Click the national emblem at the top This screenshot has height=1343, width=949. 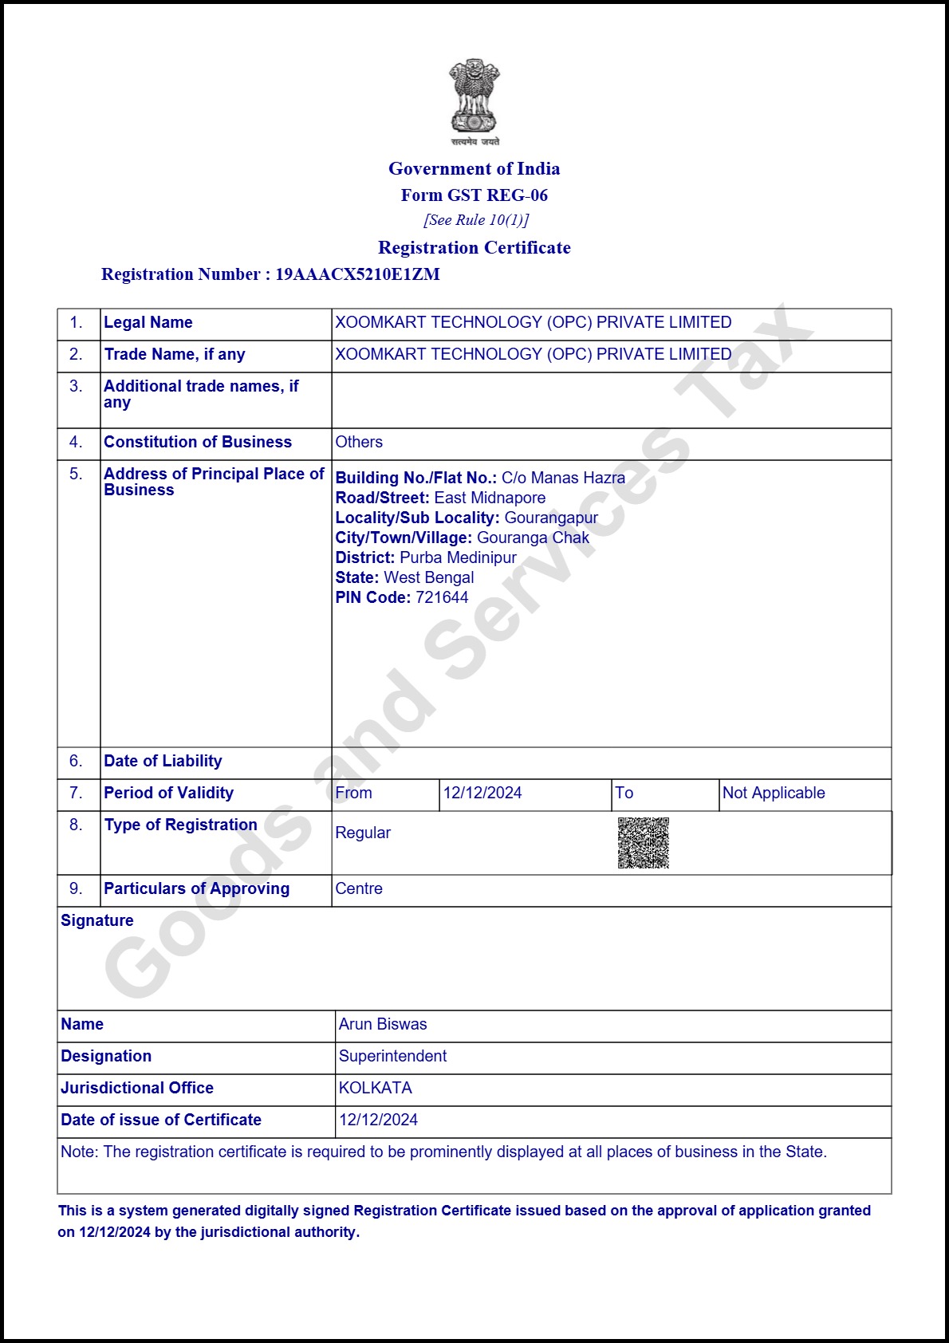(475, 100)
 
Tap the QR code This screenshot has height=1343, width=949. (643, 842)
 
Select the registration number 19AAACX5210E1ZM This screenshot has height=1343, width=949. (357, 274)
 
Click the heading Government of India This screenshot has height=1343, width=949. (474, 168)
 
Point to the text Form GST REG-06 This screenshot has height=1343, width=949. (474, 195)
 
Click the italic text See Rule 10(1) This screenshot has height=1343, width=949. (475, 220)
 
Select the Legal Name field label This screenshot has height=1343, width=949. (148, 322)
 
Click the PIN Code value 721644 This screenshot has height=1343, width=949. (442, 597)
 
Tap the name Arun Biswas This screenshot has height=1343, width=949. (383, 1024)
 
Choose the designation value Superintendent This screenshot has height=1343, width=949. (392, 1056)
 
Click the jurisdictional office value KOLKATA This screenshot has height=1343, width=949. (375, 1088)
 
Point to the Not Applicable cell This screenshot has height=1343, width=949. (774, 793)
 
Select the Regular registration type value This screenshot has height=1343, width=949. (363, 833)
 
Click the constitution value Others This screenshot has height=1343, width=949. (359, 442)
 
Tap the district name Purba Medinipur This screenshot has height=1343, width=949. (458, 557)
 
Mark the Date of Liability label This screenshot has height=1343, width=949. (163, 761)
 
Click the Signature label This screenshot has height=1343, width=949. (97, 920)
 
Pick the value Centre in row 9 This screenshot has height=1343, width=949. (359, 888)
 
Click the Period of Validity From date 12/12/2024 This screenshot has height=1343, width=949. (482, 793)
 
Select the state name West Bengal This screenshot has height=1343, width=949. (429, 577)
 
